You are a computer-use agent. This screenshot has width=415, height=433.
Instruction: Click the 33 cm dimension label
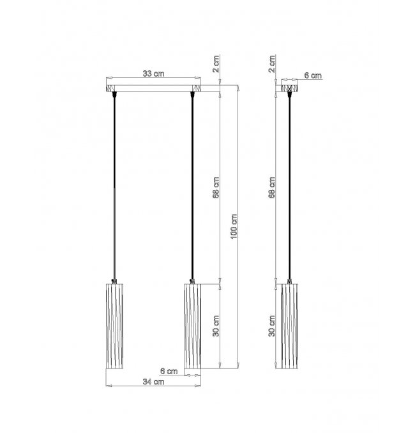(153, 74)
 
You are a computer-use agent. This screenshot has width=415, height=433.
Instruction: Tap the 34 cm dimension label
(153, 382)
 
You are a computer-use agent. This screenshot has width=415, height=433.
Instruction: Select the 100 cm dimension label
(234, 226)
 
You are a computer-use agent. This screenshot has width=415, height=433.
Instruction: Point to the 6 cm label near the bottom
(169, 370)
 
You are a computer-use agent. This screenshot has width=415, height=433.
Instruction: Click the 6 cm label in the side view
(313, 75)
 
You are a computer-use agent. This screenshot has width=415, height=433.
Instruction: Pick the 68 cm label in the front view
(216, 187)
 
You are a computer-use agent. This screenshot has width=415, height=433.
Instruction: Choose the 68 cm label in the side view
(272, 187)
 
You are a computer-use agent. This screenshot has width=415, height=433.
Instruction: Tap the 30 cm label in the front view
(216, 326)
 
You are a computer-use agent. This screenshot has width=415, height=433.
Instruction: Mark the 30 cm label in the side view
(272, 326)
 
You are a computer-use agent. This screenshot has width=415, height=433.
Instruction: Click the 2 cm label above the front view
(216, 64)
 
